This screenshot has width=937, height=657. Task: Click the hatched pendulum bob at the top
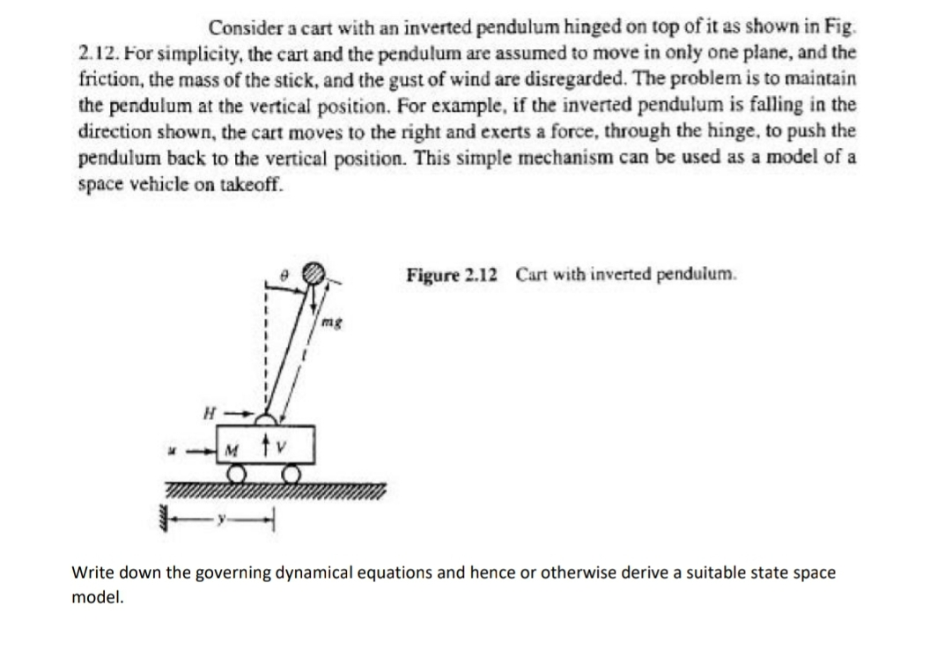coord(314,273)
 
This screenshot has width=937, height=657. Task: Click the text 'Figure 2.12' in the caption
coord(452,274)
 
